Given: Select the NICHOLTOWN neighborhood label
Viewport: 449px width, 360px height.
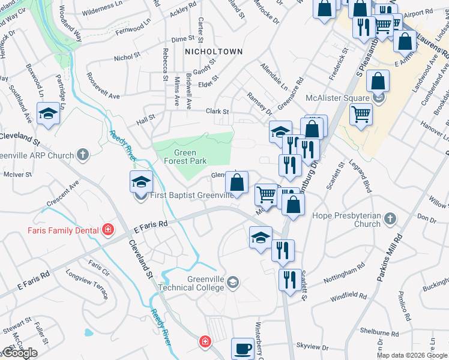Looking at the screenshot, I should coord(214,52).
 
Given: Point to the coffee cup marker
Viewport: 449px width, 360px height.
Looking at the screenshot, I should coord(243,348).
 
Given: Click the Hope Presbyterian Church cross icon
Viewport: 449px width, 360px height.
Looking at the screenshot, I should coord(391,218).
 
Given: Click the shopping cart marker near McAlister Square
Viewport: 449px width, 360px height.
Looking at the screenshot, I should coord(360,113).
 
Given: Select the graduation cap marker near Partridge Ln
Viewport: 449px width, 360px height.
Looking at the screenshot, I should coord(48,113).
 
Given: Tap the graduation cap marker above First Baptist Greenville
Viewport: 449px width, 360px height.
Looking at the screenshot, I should coord(141,181).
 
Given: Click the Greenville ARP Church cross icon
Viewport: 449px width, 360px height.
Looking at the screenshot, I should coord(83,155).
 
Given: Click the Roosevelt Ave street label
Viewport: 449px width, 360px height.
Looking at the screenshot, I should coord(103,86).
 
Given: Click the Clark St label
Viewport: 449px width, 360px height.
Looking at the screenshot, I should coord(218,111).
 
